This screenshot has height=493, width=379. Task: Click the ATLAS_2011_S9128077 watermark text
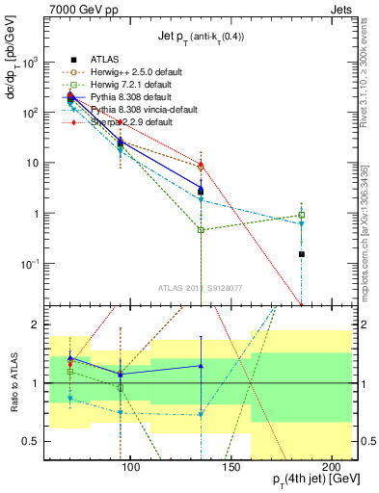(201, 286)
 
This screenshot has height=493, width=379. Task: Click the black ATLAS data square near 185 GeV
(302, 254)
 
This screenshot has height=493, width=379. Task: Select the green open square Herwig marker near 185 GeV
(302, 216)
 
